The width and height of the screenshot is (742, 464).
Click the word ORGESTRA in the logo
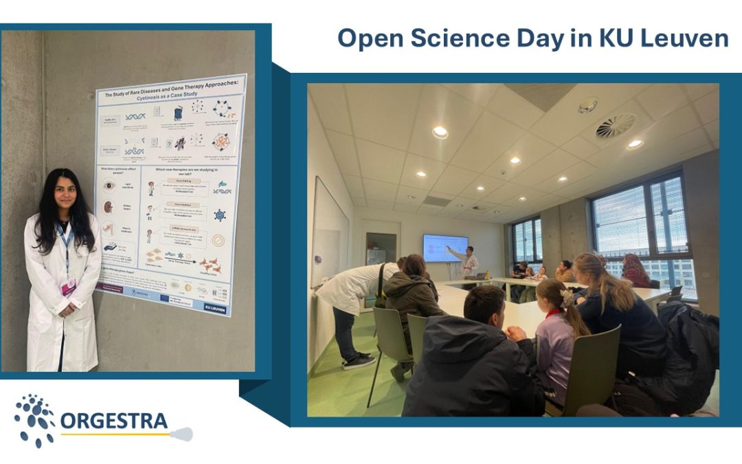(114, 420)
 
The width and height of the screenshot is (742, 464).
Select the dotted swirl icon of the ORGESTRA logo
(34, 420)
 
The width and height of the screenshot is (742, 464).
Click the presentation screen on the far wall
(445, 247)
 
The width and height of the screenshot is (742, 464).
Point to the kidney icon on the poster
(109, 207)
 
